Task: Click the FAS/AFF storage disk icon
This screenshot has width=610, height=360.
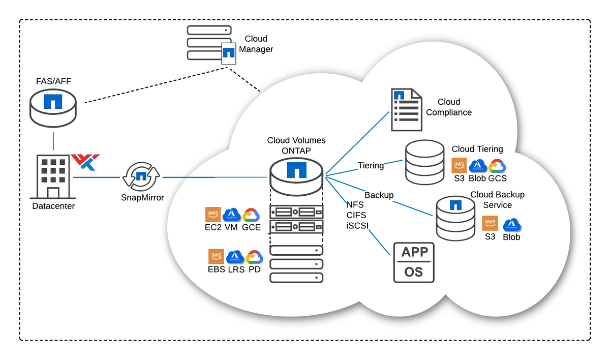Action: tap(53, 107)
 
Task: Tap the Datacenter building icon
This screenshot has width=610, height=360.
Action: tap(53, 176)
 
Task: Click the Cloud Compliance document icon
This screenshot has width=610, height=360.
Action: tap(406, 109)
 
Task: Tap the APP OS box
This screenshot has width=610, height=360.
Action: tap(414, 262)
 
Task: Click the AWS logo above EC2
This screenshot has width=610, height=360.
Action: tap(213, 215)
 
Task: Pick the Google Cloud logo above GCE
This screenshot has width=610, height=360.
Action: tap(251, 215)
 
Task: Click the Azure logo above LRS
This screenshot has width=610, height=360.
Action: tap(235, 257)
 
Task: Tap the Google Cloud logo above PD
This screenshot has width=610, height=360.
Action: tap(254, 257)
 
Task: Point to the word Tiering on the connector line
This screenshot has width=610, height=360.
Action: tap(371, 165)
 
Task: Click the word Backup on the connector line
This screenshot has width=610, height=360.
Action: tap(379, 195)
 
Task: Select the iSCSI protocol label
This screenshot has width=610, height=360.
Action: tap(358, 224)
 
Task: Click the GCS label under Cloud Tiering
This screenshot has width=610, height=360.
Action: tap(497, 178)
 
